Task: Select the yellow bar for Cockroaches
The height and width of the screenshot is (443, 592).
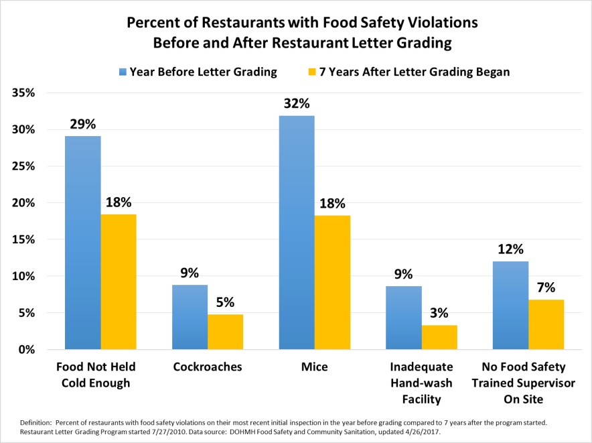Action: point(225,332)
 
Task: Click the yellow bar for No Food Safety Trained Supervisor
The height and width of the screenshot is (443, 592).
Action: point(546,324)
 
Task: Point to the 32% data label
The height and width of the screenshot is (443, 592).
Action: point(297,104)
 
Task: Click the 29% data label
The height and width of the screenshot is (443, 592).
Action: point(83,124)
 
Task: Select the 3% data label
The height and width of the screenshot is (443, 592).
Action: point(439,313)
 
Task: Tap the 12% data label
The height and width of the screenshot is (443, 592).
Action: point(511,249)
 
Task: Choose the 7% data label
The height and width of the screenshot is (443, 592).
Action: point(546,288)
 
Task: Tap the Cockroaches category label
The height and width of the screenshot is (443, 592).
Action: point(207,367)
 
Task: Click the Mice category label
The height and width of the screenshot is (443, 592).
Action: point(314,367)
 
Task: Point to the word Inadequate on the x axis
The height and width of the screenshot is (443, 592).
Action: point(421,367)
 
